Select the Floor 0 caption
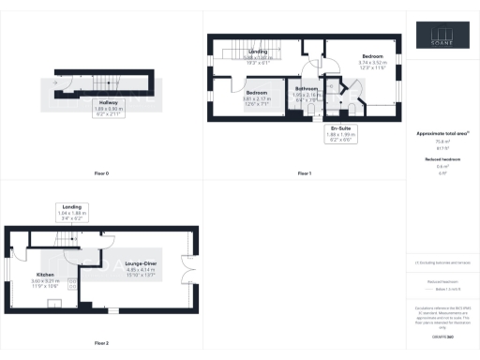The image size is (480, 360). pos(101,174)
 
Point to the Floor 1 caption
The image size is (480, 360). pos(305,174)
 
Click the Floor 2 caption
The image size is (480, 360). pos(101,343)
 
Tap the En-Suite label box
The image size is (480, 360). pos(341,137)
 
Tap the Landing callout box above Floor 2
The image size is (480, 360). pos(71,210)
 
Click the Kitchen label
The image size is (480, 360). pos(46,277)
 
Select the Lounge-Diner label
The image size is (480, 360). pos(141,268)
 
